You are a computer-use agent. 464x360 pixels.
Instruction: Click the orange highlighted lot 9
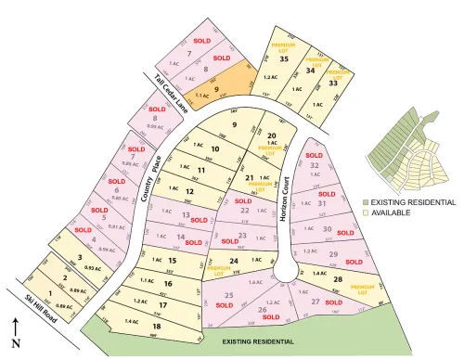216,88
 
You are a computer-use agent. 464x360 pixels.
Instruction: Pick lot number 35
284,59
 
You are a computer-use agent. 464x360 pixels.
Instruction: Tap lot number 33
332,84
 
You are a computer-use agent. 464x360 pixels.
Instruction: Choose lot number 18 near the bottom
157,327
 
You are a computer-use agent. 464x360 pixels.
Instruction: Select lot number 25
229,296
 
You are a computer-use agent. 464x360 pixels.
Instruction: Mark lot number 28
338,278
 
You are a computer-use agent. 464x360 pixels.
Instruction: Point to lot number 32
315,165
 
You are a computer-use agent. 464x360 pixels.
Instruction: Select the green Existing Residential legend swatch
367,201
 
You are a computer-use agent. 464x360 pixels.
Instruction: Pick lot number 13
186,215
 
